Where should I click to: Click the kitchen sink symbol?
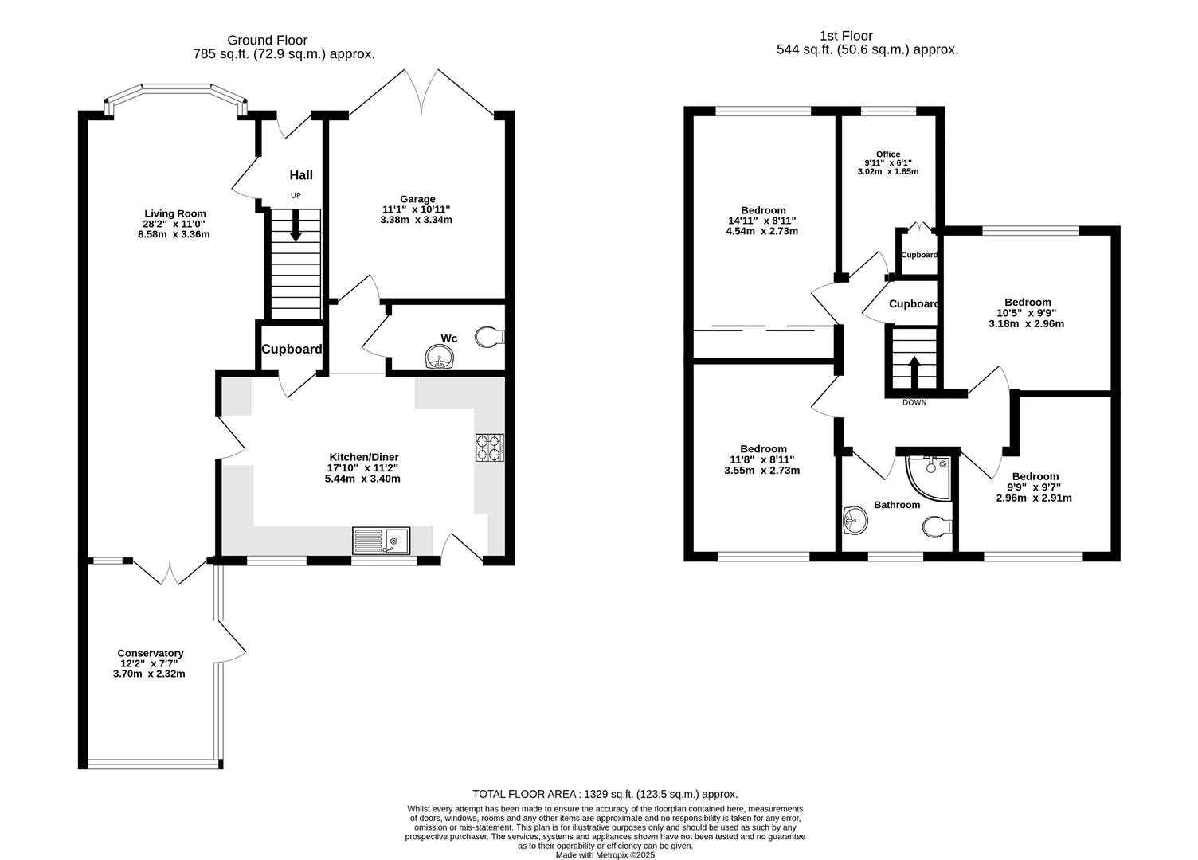[x=381, y=541]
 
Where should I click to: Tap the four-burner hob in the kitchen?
[x=489, y=448]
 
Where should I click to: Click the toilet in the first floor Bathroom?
[x=937, y=527]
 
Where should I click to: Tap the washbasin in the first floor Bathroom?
[x=854, y=522]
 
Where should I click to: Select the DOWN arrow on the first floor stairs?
[x=914, y=370]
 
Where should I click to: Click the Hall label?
[x=301, y=175]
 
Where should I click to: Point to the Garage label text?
[x=417, y=199]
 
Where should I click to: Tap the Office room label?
[x=887, y=154]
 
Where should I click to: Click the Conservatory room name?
[x=151, y=653]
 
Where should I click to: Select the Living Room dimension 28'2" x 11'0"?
[x=174, y=224]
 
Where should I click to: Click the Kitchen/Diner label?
[x=362, y=457]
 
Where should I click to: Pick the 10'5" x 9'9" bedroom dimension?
[x=1027, y=313]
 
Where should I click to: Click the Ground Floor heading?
[x=267, y=40]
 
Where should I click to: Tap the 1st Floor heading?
[x=846, y=36]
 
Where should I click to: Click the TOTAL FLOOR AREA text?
[x=605, y=794]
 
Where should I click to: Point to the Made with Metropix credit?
[x=605, y=854]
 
